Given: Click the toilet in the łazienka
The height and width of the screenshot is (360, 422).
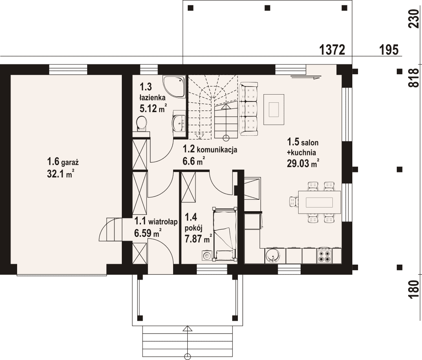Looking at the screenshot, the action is [142, 124].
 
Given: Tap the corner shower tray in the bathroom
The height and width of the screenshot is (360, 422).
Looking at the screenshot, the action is [174, 86].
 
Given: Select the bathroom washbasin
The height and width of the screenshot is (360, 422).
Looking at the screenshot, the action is [179, 124].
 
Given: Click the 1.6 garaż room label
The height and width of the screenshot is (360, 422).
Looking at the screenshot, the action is [63, 162].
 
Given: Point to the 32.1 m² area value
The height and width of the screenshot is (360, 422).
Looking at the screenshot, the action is [61, 174].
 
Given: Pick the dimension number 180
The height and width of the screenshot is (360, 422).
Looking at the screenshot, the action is [414, 289].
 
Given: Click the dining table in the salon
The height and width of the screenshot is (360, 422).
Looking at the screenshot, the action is [319, 202].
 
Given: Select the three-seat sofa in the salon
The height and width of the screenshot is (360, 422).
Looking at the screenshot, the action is [248, 109].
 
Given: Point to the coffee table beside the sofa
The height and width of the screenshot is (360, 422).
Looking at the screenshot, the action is [274, 109].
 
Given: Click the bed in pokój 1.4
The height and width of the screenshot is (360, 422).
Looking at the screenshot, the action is [224, 234].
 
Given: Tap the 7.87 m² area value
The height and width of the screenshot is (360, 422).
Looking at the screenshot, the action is [198, 239].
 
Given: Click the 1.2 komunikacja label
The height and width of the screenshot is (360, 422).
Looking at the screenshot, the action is [210, 149].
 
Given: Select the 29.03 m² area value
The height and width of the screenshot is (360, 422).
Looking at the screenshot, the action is [303, 163].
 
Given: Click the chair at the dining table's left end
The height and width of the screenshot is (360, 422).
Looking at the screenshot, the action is [294, 202].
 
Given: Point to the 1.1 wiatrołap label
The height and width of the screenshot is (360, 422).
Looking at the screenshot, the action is [156, 221].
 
